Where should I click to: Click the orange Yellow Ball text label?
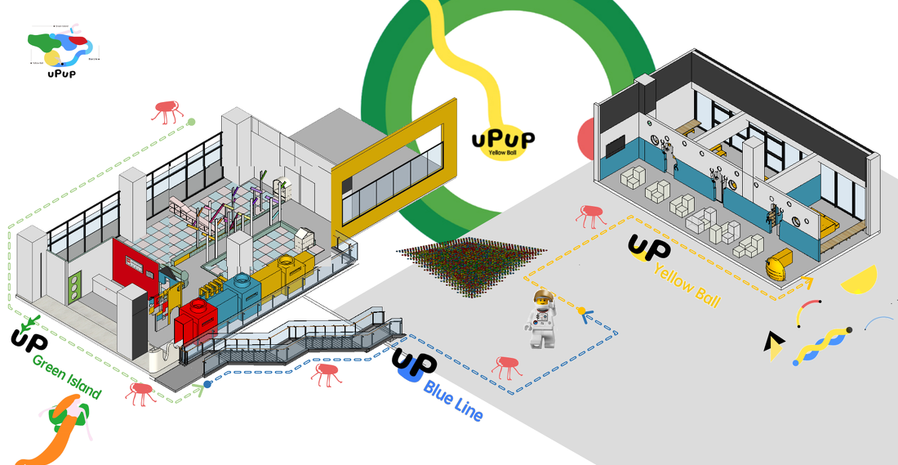tap(687, 286)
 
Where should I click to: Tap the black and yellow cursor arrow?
tap(771, 347)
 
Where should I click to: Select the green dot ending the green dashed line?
tap(191, 123)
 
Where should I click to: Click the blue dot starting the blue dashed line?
tap(207, 382)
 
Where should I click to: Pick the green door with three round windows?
tap(76, 286)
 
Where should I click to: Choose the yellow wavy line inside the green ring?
tap(465, 57)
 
